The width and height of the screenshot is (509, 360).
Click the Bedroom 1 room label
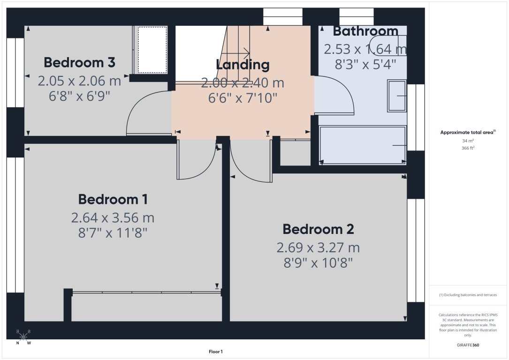(x=113, y=199)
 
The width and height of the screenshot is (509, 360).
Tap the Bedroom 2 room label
(x=318, y=229)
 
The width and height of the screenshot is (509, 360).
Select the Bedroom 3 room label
(x=79, y=62)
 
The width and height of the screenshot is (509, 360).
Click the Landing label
(x=243, y=65)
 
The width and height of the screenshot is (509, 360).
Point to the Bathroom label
(x=365, y=31)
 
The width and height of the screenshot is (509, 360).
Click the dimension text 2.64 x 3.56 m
(x=113, y=217)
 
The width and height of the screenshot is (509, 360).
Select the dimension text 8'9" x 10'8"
(x=318, y=262)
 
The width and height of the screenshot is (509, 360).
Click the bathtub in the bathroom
(x=362, y=145)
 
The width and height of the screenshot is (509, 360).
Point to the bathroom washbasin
(x=397, y=96)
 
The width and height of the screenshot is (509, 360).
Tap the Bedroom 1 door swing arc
(x=199, y=164)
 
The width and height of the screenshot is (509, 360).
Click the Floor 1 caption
(x=215, y=352)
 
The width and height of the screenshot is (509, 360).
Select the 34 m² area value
(x=468, y=141)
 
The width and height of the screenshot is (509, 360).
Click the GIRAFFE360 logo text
(x=468, y=345)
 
